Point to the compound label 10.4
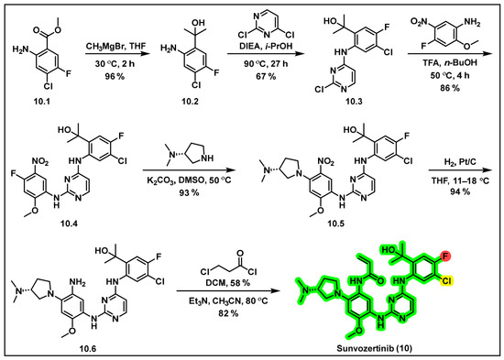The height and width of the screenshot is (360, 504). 69,224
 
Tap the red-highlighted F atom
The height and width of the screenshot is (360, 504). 446,256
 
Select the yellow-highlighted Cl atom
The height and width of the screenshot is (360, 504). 446,281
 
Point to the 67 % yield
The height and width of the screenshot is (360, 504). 265,77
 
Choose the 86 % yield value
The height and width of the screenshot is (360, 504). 450,88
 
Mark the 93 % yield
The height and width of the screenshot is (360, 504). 190,192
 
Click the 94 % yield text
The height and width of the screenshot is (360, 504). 460,191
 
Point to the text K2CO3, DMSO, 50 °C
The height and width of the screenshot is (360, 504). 190,180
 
